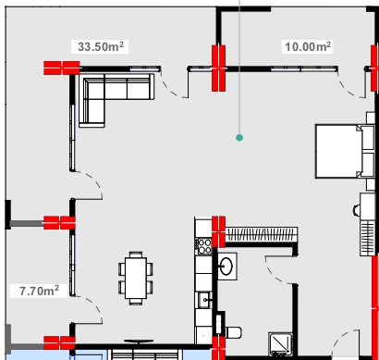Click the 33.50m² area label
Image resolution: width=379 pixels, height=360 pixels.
(101, 46)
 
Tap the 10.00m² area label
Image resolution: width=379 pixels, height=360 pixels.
(308, 46)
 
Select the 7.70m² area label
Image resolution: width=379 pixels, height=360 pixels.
(39, 291)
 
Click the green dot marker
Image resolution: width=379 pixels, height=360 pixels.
(239, 138)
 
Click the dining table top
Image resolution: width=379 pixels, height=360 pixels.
(136, 278)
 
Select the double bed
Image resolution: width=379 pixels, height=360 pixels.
(345, 151)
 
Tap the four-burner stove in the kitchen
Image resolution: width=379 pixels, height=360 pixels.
(203, 246)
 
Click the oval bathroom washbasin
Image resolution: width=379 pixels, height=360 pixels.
(226, 267)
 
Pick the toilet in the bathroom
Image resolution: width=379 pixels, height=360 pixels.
(233, 332)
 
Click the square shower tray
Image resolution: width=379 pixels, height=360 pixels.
(280, 343)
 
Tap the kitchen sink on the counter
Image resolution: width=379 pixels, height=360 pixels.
(204, 300)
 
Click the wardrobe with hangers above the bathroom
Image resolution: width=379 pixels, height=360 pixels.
(262, 235)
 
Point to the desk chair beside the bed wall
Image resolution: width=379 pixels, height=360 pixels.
(357, 210)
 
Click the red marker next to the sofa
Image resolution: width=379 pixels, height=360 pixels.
(62, 68)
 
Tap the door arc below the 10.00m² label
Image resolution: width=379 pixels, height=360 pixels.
(351, 86)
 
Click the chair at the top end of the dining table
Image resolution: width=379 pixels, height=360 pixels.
(136, 254)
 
